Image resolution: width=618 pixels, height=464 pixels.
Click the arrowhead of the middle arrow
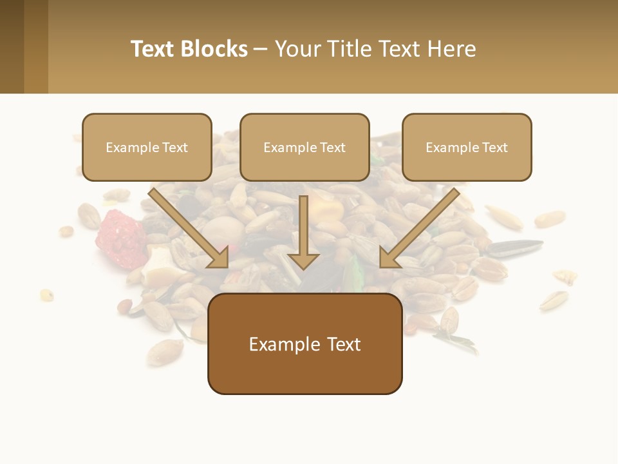(x=303, y=260)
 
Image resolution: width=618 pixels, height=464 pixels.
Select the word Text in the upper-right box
(x=495, y=148)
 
